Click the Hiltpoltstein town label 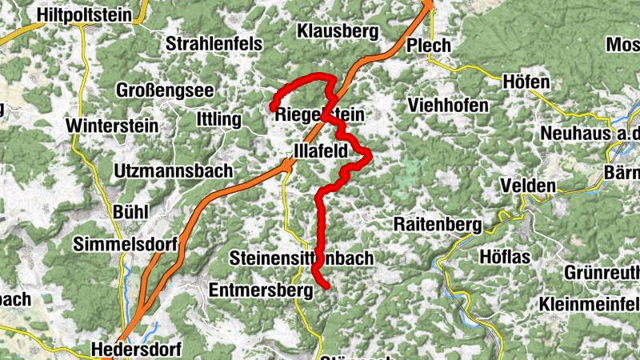[87, 13]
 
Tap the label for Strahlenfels [214, 45]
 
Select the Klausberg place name [337, 31]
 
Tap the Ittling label [218, 119]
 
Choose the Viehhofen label [447, 105]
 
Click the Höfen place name [526, 82]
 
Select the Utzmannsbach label [173, 170]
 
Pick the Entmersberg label [260, 289]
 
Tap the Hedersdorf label [137, 350]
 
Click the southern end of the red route [326, 286]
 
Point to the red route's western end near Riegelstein [272, 106]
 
